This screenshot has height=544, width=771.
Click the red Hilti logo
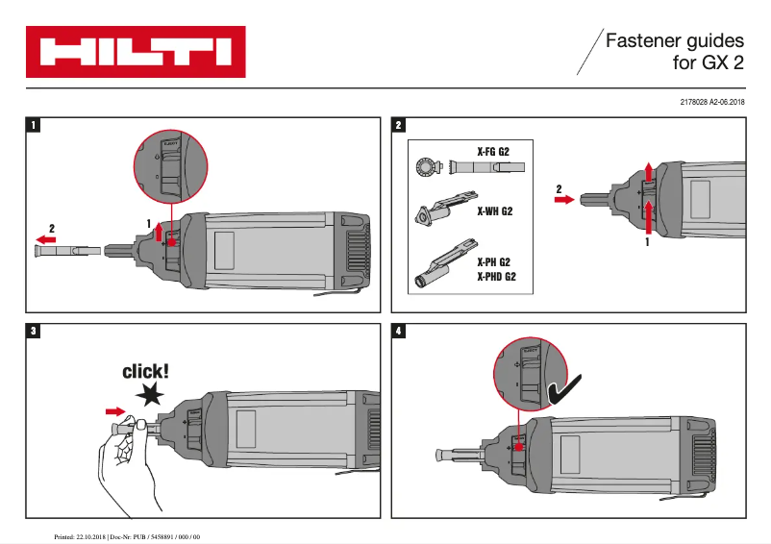coord(136,52)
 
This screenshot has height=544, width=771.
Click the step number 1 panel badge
coord(35,125)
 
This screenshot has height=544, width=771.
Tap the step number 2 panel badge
coord(400,125)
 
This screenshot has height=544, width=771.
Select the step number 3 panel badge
coord(35,332)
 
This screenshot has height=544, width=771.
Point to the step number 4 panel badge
coord(400,332)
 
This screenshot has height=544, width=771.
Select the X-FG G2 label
coord(493,151)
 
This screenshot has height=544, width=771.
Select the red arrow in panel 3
coord(115,411)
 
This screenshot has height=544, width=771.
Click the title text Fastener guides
coord(675,42)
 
